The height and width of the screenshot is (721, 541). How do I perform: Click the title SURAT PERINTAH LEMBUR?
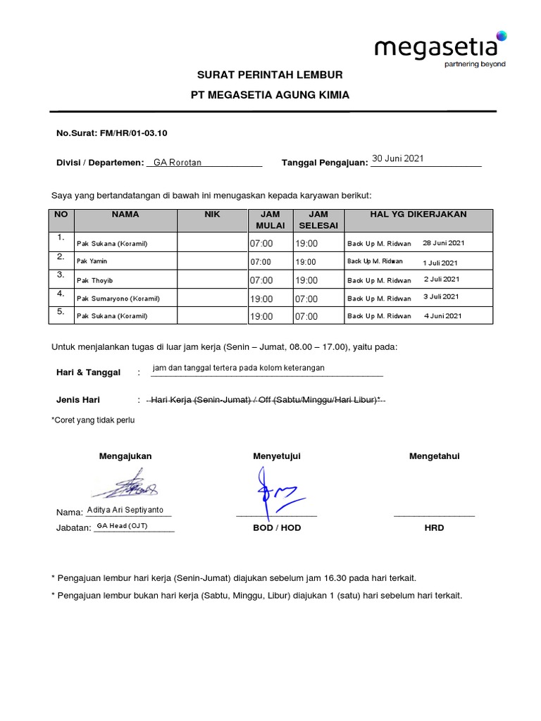point(270,75)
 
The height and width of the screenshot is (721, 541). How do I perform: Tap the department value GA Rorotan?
point(178,163)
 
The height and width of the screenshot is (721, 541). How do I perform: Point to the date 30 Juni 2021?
point(398,158)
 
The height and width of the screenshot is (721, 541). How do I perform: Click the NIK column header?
point(212,214)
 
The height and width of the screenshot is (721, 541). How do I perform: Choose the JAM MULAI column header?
point(271,220)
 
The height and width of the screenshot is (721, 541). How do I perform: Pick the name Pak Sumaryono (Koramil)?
point(113,299)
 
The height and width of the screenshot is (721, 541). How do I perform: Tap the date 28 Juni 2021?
point(443,243)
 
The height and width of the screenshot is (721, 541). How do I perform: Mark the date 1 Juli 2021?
point(441,262)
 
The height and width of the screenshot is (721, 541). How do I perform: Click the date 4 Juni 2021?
point(442,316)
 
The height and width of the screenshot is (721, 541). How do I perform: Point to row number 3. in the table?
point(61,275)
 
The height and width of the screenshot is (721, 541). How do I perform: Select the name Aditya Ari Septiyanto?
point(128,510)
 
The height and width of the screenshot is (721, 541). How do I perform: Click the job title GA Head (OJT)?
point(122,526)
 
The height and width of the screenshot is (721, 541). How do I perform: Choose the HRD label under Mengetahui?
point(434,527)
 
